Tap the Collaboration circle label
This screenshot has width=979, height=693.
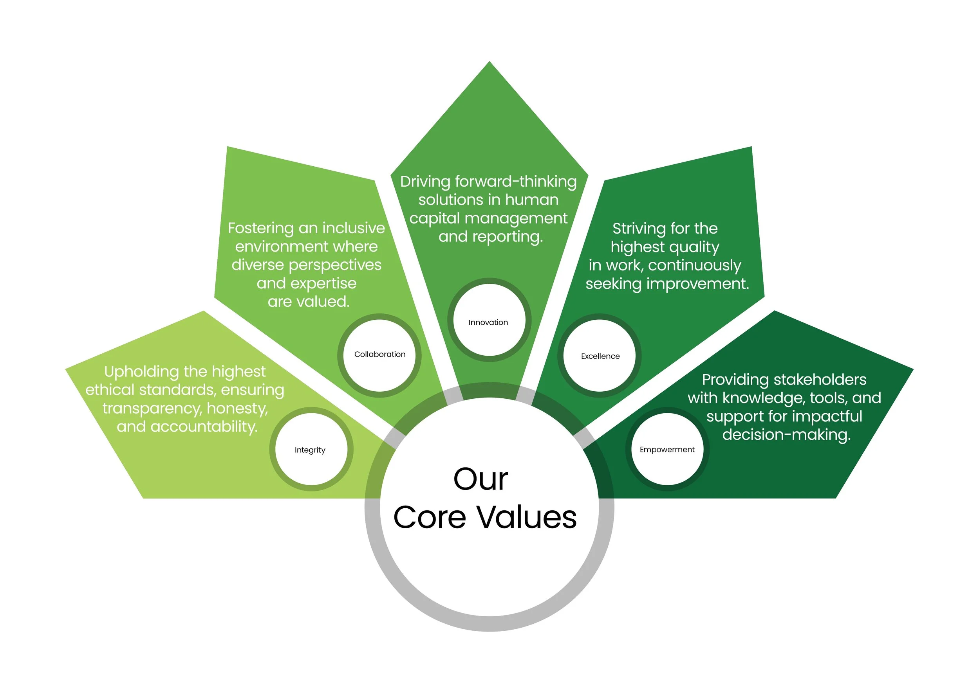pos(379,354)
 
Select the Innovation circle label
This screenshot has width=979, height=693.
pos(488,322)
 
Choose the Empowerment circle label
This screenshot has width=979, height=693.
pos(667,449)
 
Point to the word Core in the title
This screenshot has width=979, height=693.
pos(430,517)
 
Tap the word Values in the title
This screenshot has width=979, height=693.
pos(526,517)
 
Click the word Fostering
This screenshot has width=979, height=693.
pos(260,228)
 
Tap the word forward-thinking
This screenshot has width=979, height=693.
pos(516,182)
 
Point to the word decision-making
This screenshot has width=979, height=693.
pos(786,434)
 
